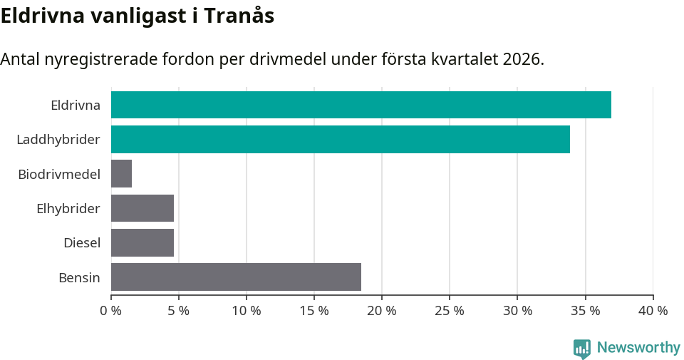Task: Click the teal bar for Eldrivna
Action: coord(361,105)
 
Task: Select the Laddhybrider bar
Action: coord(340,139)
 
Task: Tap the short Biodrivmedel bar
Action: coord(121,174)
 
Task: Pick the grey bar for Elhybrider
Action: coord(142,208)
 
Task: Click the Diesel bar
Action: coord(142,242)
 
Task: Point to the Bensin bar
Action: coord(236,277)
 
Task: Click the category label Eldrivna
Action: coord(75,106)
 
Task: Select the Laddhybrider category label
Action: coord(58,140)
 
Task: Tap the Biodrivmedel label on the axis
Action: coord(59,174)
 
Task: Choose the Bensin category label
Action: coord(79,277)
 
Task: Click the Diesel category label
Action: coord(81,243)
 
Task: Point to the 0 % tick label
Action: coord(110,311)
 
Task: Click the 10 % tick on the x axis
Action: coord(247,311)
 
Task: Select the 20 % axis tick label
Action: coord(382,311)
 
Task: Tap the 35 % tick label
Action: coord(585,311)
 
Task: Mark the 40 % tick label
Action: coord(653,311)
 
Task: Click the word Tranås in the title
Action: coord(239,16)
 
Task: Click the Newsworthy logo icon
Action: coord(582,348)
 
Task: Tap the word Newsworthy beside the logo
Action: coord(638,348)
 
